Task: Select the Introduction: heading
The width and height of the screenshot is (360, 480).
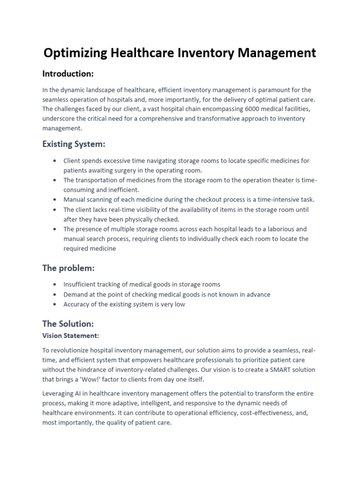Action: point(68,74)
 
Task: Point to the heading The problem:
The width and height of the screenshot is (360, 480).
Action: point(68,268)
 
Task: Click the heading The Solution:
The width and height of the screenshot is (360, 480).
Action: point(68,323)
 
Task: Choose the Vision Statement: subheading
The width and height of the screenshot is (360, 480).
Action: point(71,336)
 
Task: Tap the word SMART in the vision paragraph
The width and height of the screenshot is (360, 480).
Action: point(274,370)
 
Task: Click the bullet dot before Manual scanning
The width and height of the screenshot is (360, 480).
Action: point(55,200)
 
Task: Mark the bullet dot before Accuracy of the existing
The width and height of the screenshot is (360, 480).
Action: point(55,305)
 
